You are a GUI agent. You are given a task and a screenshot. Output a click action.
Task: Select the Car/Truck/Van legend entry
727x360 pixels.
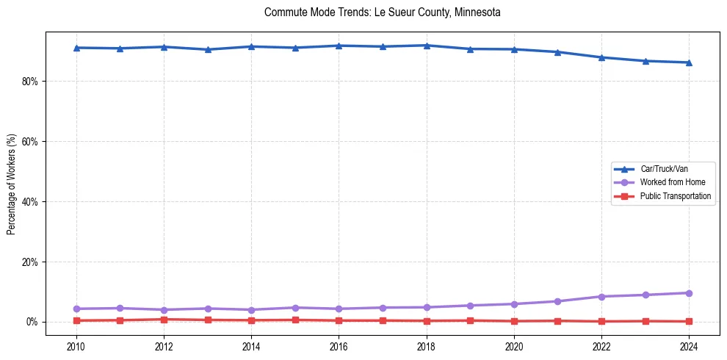664,169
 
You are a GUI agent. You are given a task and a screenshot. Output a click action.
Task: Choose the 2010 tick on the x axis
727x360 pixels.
76,346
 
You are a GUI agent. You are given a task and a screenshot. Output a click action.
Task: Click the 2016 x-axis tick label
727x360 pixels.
339,346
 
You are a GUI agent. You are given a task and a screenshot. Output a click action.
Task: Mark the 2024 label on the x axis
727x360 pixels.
689,346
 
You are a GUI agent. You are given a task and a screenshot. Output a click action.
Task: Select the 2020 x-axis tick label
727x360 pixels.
514,346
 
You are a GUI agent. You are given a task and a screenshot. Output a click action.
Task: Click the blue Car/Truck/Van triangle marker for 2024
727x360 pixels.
689,62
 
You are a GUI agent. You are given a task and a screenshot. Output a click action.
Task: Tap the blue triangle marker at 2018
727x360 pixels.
426,46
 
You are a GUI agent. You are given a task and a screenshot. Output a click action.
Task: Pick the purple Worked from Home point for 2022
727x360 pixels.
601,297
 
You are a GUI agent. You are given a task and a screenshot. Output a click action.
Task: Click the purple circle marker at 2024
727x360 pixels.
689,293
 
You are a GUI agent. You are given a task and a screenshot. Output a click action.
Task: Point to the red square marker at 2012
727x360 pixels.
164,320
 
